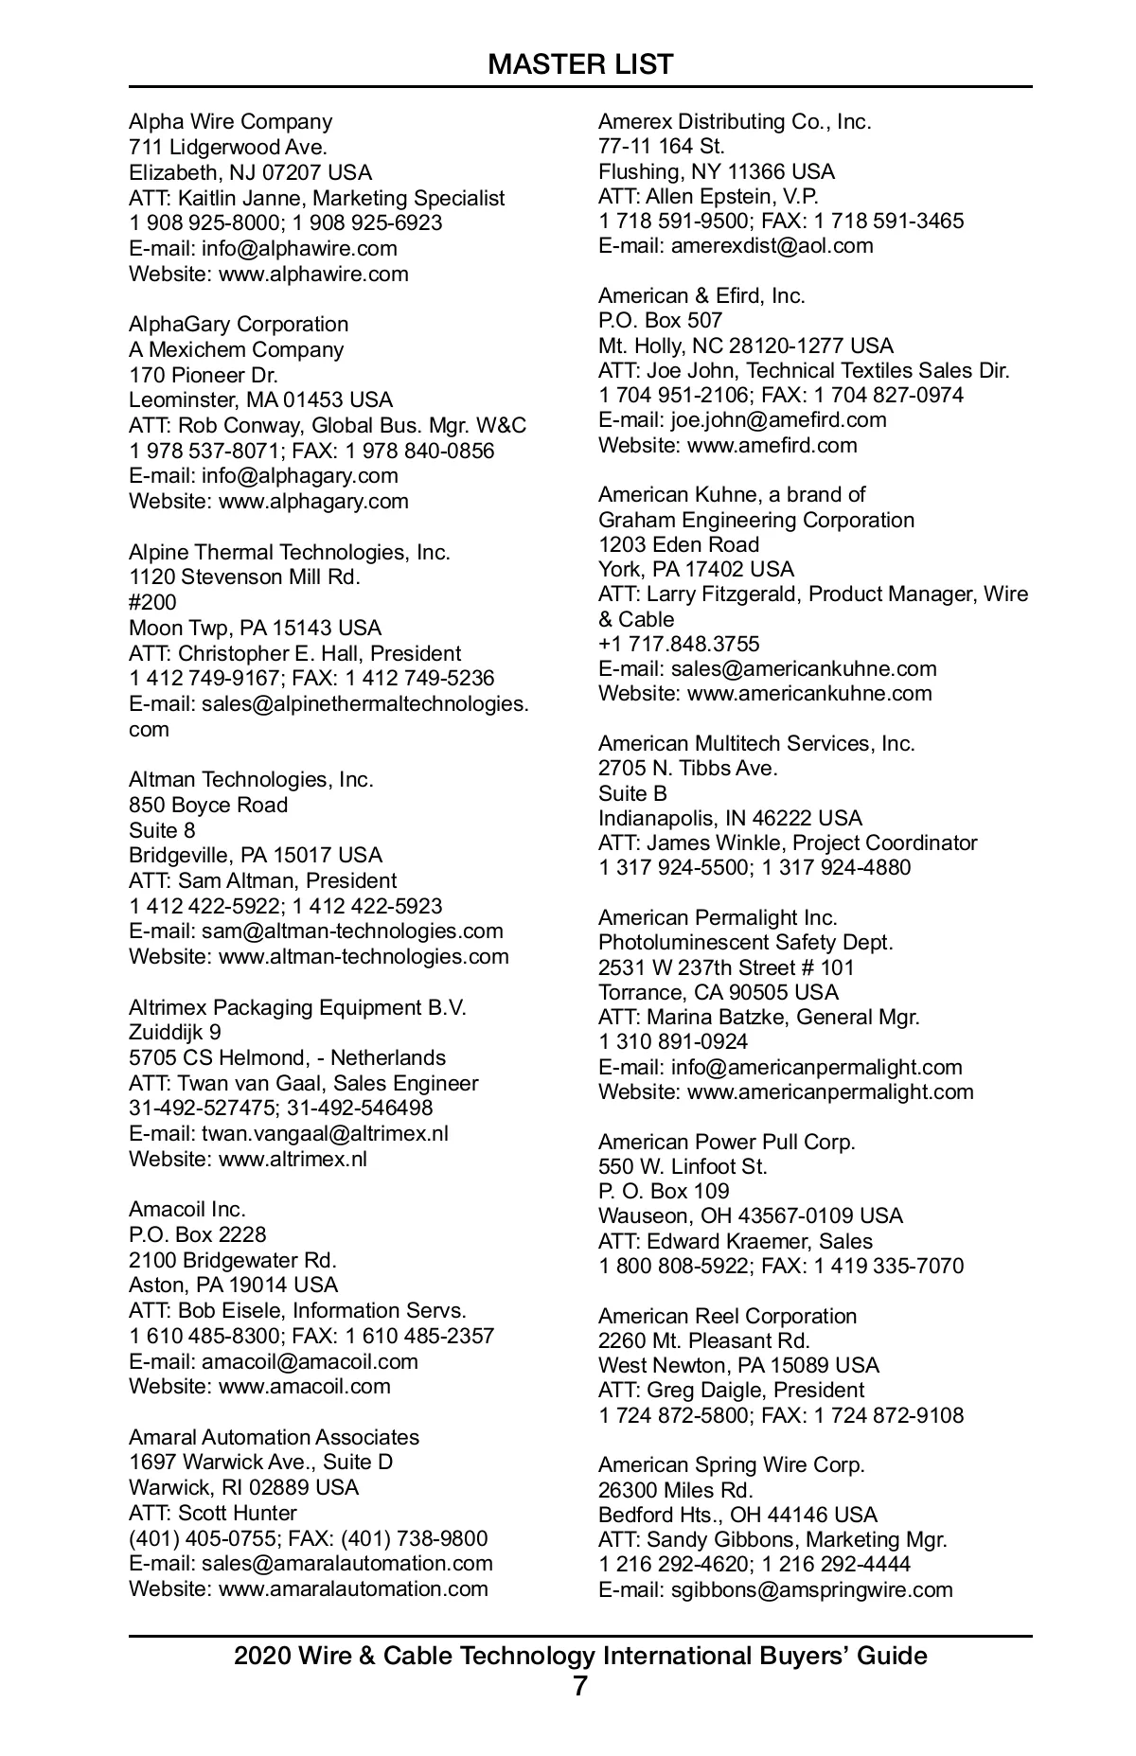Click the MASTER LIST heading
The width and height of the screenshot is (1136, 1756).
[580, 64]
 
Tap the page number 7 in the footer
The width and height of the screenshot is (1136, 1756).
[580, 1686]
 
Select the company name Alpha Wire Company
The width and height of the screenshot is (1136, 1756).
[230, 121]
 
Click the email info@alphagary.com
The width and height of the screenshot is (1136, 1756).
[299, 475]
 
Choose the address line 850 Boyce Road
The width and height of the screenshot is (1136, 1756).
[208, 805]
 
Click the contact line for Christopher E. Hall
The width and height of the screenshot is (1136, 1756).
[294, 653]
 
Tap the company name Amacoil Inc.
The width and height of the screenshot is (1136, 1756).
[186, 1209]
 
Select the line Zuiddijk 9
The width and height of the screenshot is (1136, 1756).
[174, 1032]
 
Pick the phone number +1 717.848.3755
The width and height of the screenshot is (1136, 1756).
[679, 644]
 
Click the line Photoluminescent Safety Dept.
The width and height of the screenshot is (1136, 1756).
[745, 942]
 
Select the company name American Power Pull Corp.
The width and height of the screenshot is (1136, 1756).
[726, 1142]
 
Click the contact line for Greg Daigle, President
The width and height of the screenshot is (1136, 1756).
[731, 1390]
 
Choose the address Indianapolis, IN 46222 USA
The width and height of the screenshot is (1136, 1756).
[730, 818]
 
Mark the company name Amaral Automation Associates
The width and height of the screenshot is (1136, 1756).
[274, 1437]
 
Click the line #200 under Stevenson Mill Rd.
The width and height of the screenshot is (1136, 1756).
[152, 602]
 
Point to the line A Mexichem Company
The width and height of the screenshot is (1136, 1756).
[236, 349]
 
